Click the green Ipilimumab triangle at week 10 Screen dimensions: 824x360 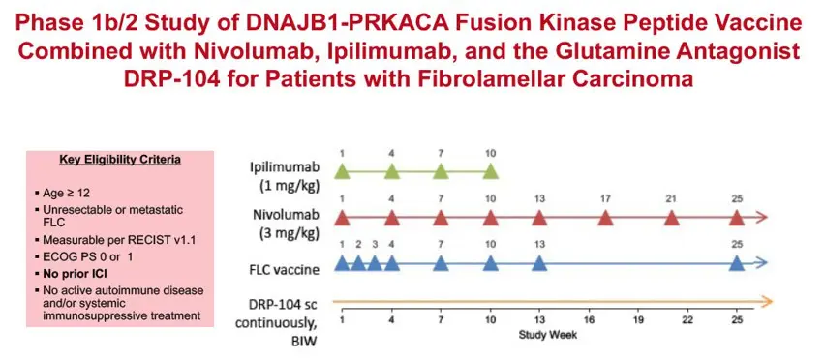point(490,171)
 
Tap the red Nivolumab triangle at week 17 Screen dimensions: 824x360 point(606,218)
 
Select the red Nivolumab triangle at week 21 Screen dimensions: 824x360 point(672,218)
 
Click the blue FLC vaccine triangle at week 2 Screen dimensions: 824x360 point(358,263)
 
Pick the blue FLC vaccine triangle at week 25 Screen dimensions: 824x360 point(737,263)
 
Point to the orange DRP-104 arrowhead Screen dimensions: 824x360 point(767,301)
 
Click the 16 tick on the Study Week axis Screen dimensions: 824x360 point(589,320)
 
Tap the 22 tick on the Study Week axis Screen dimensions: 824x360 point(687,320)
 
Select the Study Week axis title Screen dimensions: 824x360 point(548,334)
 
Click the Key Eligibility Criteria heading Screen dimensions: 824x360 point(120,160)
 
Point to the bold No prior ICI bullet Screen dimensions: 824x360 point(75,273)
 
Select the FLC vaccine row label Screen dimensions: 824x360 point(285,270)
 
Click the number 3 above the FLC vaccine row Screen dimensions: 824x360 point(375,244)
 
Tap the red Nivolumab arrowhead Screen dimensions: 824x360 point(762,218)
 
